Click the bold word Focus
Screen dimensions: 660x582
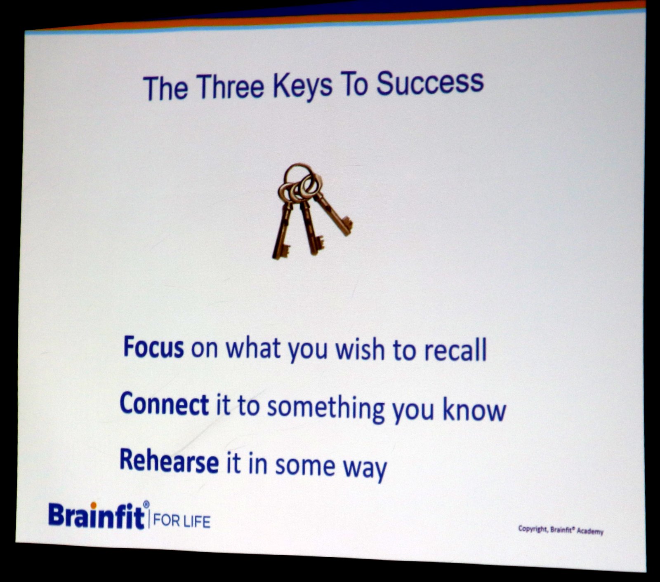click(x=153, y=347)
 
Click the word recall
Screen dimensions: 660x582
click(x=455, y=350)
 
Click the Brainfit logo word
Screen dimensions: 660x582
click(x=96, y=516)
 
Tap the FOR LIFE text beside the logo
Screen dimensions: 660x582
click(x=182, y=521)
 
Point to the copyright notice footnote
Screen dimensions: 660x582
click(x=561, y=530)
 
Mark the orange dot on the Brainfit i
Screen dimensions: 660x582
click(x=94, y=505)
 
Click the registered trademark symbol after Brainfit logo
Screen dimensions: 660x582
click(x=146, y=505)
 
